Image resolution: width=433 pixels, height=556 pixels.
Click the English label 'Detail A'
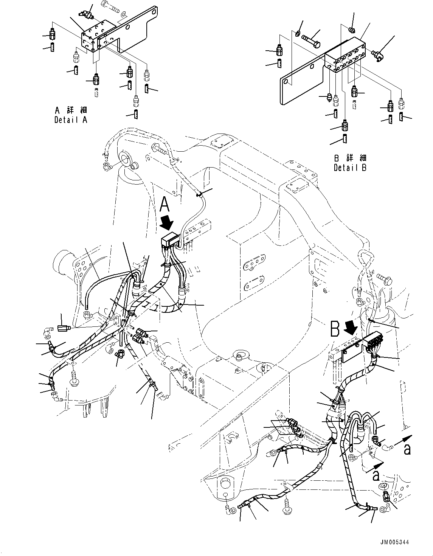[70, 120]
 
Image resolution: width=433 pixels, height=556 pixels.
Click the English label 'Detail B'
[350, 167]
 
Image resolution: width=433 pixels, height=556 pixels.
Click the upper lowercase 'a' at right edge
[407, 449]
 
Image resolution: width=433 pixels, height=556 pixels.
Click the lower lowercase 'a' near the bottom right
[376, 475]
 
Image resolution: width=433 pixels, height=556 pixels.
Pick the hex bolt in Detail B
[311, 41]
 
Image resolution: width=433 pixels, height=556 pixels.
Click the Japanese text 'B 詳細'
[350, 158]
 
